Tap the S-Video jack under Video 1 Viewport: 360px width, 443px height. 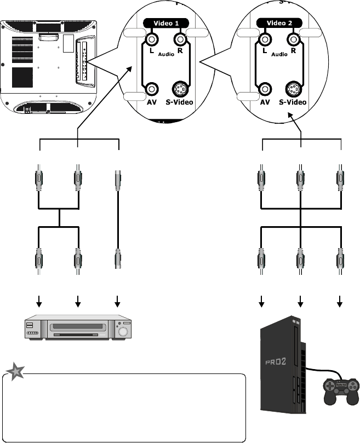click(x=180, y=89)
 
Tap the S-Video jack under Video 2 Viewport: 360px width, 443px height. click(x=293, y=89)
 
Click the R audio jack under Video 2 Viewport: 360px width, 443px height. click(x=293, y=39)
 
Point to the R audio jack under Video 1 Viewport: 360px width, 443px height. click(x=180, y=39)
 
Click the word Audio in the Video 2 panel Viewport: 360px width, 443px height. click(x=279, y=55)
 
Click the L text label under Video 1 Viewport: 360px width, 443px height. click(x=151, y=50)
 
